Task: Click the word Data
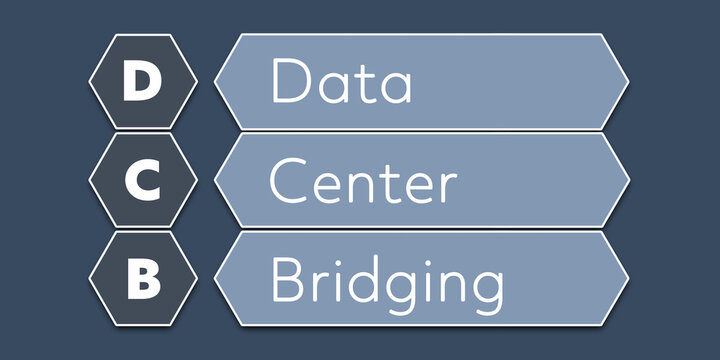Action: point(341,82)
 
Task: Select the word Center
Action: point(363,182)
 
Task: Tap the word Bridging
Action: point(386,283)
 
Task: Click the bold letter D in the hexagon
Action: point(141,82)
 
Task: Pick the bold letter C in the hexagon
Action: point(141,182)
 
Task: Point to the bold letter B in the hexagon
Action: point(141,281)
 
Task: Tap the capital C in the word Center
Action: point(288,182)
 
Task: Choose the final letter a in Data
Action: point(396,88)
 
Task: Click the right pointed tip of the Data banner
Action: point(629,82)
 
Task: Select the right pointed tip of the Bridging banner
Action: point(629,279)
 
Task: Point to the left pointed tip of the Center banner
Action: point(214,180)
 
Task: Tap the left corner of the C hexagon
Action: point(89,180)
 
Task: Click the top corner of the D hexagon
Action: point(141,33)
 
